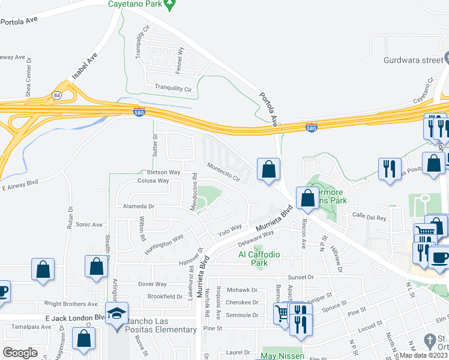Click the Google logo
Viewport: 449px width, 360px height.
tap(20, 353)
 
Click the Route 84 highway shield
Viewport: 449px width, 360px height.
tap(56, 95)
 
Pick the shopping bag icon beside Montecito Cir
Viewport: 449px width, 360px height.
tap(268, 169)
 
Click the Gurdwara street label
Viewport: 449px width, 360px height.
tap(413, 59)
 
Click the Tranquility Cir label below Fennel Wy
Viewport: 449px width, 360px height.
tap(173, 88)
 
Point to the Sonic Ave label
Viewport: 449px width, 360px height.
tap(89, 224)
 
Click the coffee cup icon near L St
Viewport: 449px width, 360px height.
tap(440, 257)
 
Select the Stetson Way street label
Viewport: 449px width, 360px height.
tap(163, 172)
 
